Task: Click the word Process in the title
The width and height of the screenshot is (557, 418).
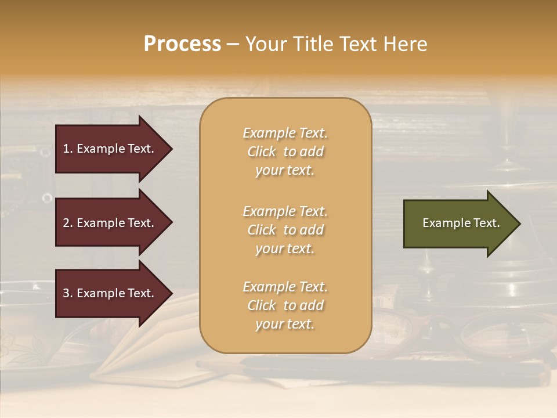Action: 182,44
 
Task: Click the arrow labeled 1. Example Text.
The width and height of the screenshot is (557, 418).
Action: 110,149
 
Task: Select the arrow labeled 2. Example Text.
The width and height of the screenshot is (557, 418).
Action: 110,223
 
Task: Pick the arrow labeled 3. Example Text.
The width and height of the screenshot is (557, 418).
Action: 110,293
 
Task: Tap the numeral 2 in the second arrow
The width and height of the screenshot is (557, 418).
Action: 66,223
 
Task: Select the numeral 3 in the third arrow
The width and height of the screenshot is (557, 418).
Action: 66,293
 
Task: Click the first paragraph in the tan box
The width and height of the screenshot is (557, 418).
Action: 285,152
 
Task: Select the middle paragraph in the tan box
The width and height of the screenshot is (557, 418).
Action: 285,230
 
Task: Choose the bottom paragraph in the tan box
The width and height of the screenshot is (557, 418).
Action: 285,305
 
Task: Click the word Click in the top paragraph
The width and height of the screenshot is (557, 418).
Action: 262,152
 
